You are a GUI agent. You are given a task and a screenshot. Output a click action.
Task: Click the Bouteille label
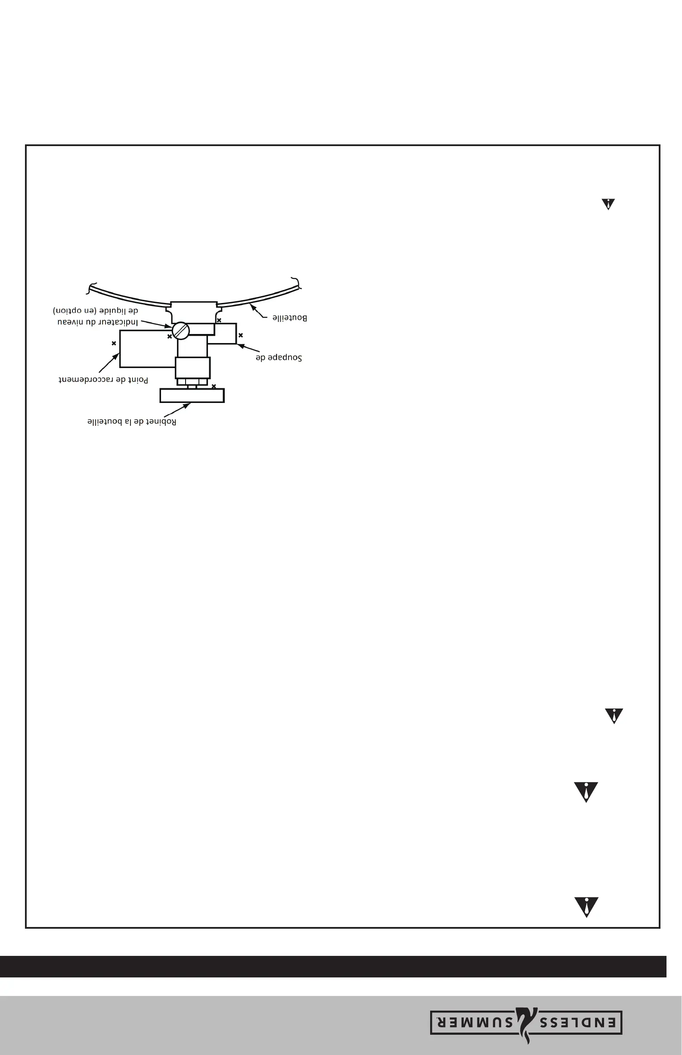click(x=290, y=318)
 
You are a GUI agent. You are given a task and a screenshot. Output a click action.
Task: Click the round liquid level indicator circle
click(x=181, y=331)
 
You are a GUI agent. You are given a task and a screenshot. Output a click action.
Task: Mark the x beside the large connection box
click(x=114, y=343)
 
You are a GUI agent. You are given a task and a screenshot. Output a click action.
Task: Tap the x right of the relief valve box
click(x=241, y=336)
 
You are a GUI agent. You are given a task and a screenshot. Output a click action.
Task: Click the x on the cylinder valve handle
click(x=214, y=387)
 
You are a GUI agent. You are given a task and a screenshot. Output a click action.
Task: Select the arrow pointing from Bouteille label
click(x=259, y=311)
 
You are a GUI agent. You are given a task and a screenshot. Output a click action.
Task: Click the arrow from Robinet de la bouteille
click(x=177, y=410)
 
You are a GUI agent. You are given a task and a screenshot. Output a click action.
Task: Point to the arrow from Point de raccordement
click(x=109, y=363)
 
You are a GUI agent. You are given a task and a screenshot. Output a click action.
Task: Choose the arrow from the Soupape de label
click(x=248, y=348)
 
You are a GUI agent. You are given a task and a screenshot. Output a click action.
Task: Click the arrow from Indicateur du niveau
click(x=156, y=324)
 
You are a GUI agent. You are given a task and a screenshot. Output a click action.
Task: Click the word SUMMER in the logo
click(x=475, y=1023)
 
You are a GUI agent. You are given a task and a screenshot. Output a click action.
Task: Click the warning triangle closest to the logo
click(x=586, y=907)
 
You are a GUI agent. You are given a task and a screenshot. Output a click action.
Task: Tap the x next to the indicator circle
click(x=170, y=337)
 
